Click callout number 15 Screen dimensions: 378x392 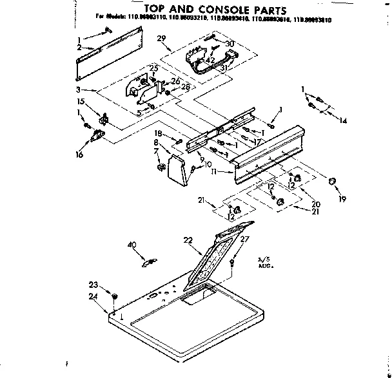tap(81, 102)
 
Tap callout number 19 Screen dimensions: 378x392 tap(343, 200)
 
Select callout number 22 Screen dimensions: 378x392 tap(188, 240)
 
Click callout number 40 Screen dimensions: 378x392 tap(133, 245)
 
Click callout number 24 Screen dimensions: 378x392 tap(95, 296)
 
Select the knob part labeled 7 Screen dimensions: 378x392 tap(159, 168)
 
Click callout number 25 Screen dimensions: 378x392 tap(153, 68)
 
